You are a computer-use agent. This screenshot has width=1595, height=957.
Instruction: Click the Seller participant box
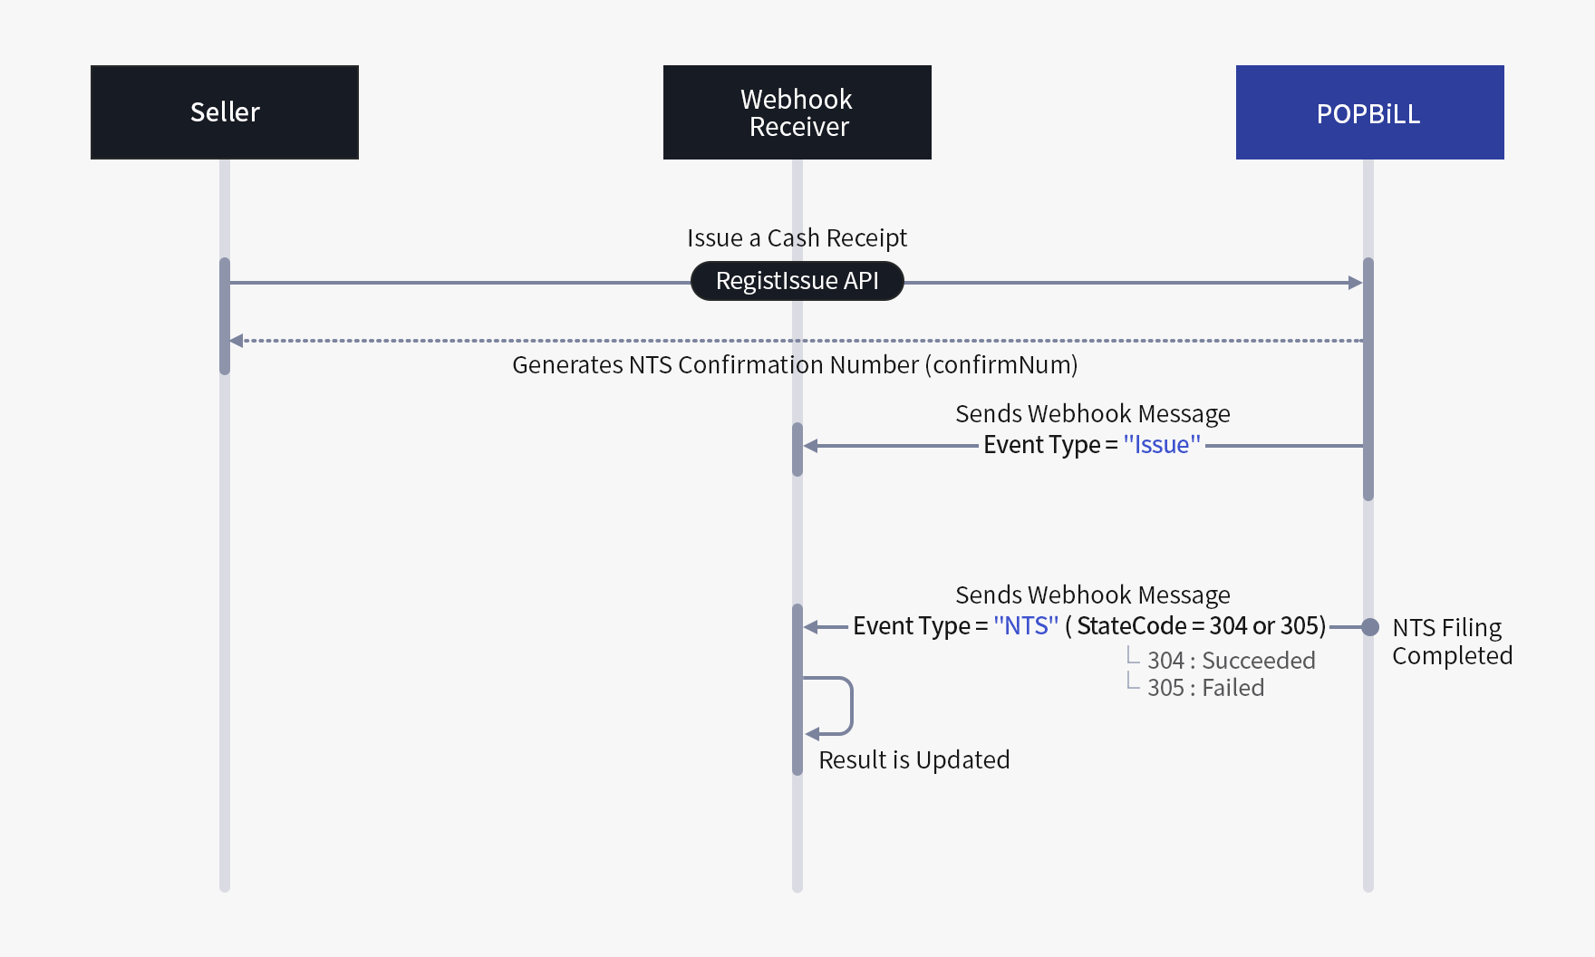225,112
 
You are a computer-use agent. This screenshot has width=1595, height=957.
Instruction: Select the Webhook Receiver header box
797,112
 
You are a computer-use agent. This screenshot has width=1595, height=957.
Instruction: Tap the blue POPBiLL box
1369,112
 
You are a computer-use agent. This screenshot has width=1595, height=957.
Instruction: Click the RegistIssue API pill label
797,281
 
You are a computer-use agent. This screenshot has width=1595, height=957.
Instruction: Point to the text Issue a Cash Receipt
797,237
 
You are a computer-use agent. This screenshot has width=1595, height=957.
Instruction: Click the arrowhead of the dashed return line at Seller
237,341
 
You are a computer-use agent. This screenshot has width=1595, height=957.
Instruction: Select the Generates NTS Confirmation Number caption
795,364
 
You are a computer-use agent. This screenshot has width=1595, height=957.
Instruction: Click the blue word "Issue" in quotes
1161,445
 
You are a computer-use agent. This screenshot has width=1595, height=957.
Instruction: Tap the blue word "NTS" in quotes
1025,626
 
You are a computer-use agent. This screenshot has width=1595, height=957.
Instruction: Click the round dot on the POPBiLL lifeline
1370,627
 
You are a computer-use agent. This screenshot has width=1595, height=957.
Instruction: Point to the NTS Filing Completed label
1451,641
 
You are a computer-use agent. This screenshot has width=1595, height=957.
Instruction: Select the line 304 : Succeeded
1230,661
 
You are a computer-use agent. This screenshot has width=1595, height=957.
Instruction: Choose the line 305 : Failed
1204,688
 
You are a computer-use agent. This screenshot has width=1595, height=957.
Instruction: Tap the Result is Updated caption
913,759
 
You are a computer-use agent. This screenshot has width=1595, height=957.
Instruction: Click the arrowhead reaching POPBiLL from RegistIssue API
1356,283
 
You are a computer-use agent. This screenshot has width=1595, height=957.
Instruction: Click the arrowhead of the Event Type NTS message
811,627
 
